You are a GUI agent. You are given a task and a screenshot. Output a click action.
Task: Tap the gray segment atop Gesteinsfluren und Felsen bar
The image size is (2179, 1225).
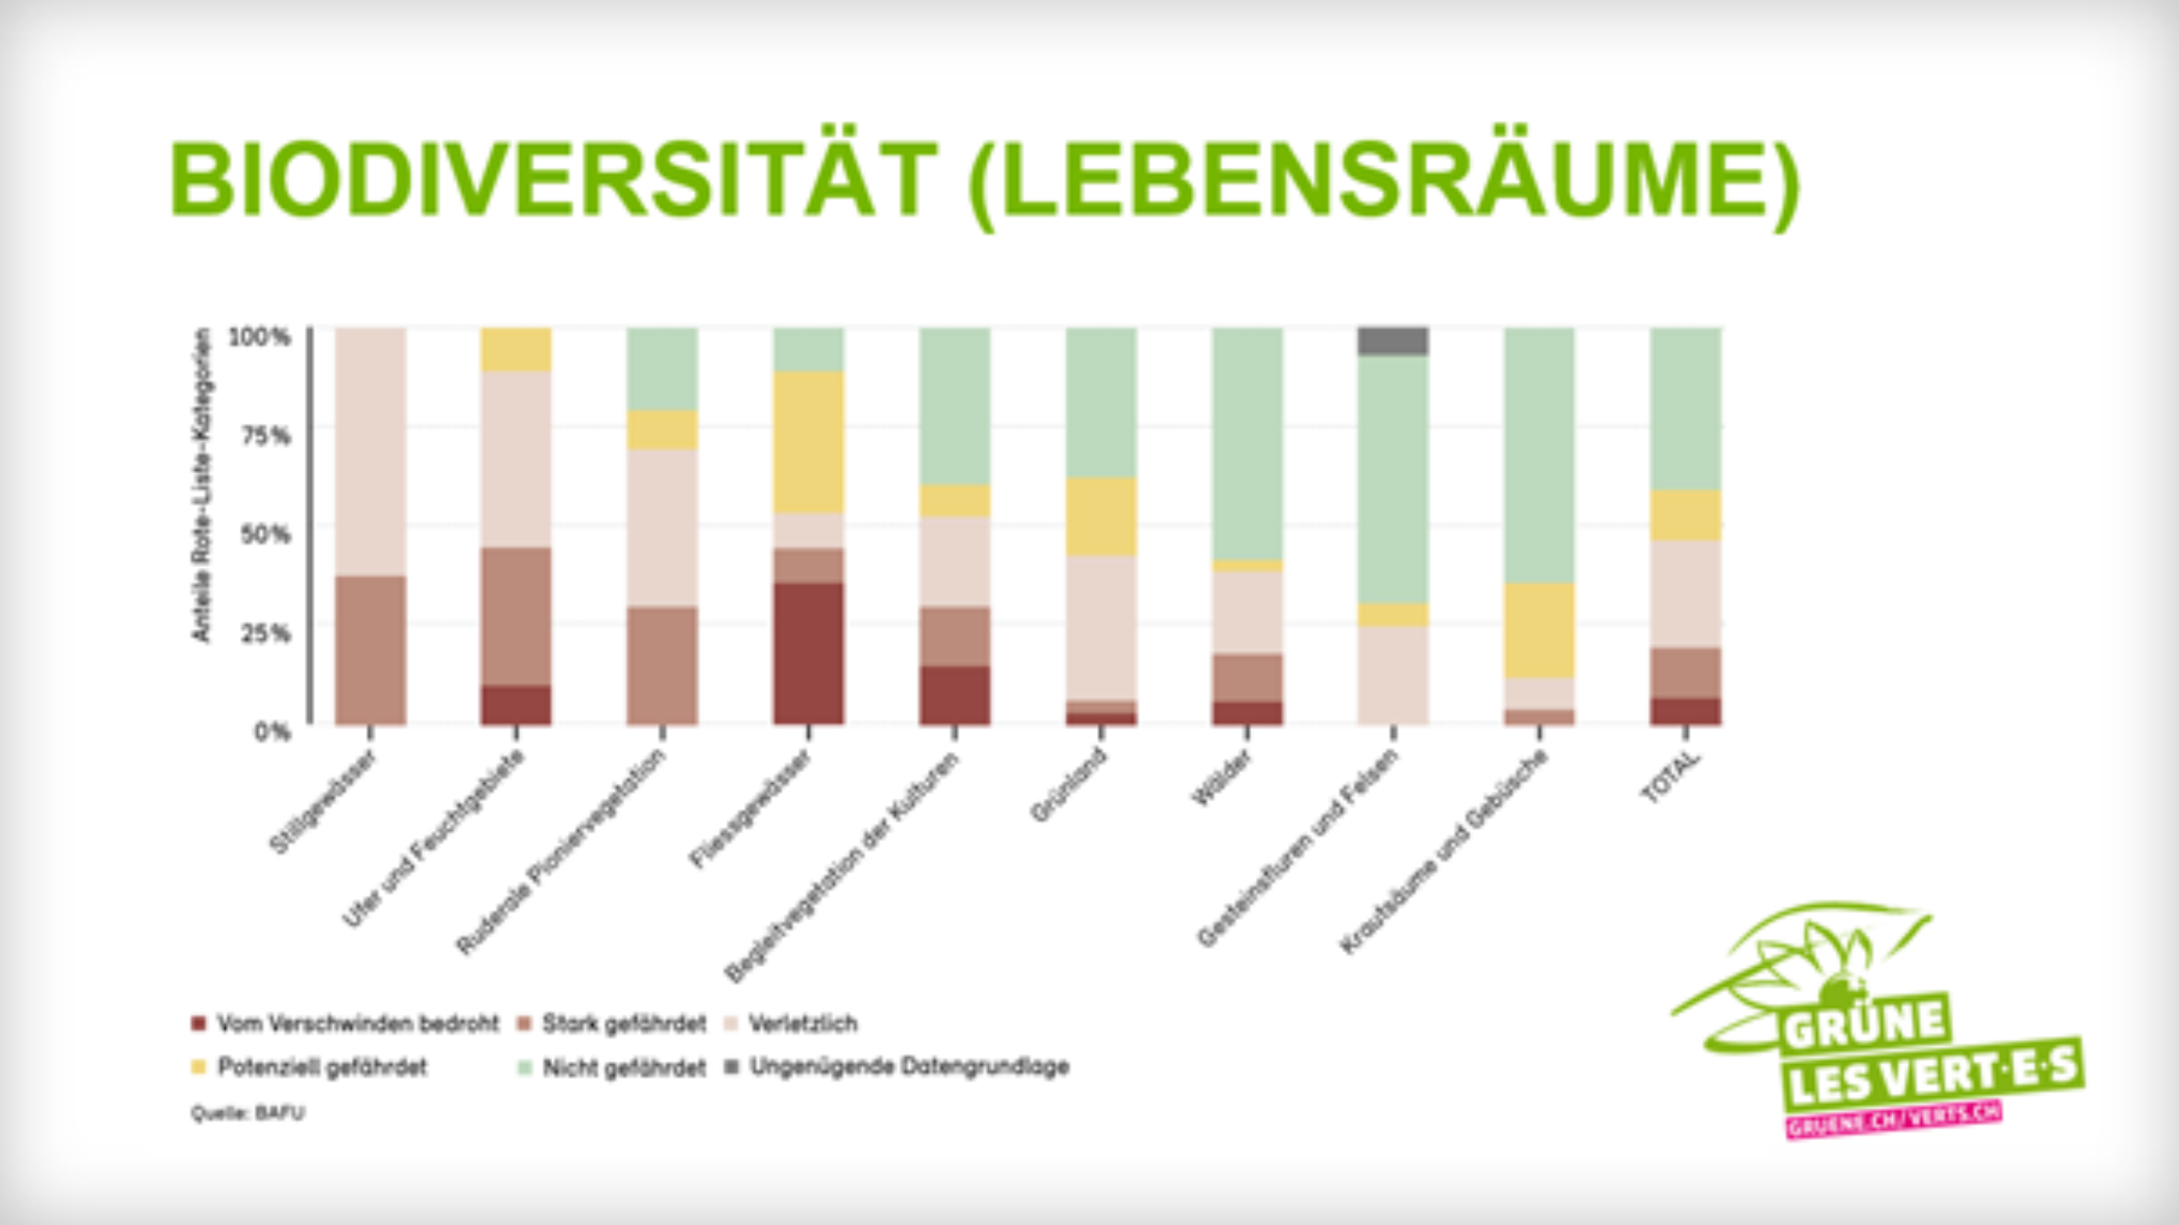1393,341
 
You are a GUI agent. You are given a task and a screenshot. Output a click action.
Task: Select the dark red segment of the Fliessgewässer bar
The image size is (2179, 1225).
809,653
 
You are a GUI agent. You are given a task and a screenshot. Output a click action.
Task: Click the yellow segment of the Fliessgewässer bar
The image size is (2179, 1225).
809,442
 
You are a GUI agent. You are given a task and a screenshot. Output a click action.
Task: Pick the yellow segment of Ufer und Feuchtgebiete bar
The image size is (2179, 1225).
516,349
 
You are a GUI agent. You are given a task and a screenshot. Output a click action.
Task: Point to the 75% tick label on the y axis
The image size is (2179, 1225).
266,436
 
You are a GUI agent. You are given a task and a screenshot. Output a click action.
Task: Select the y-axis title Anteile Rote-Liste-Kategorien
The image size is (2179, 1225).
201,485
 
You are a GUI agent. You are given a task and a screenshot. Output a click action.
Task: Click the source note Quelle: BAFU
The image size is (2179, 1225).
247,1113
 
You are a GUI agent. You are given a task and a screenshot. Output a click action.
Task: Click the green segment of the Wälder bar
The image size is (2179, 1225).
1247,443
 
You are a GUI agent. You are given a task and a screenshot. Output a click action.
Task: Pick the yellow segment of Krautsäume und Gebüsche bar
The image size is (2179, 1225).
1539,630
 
